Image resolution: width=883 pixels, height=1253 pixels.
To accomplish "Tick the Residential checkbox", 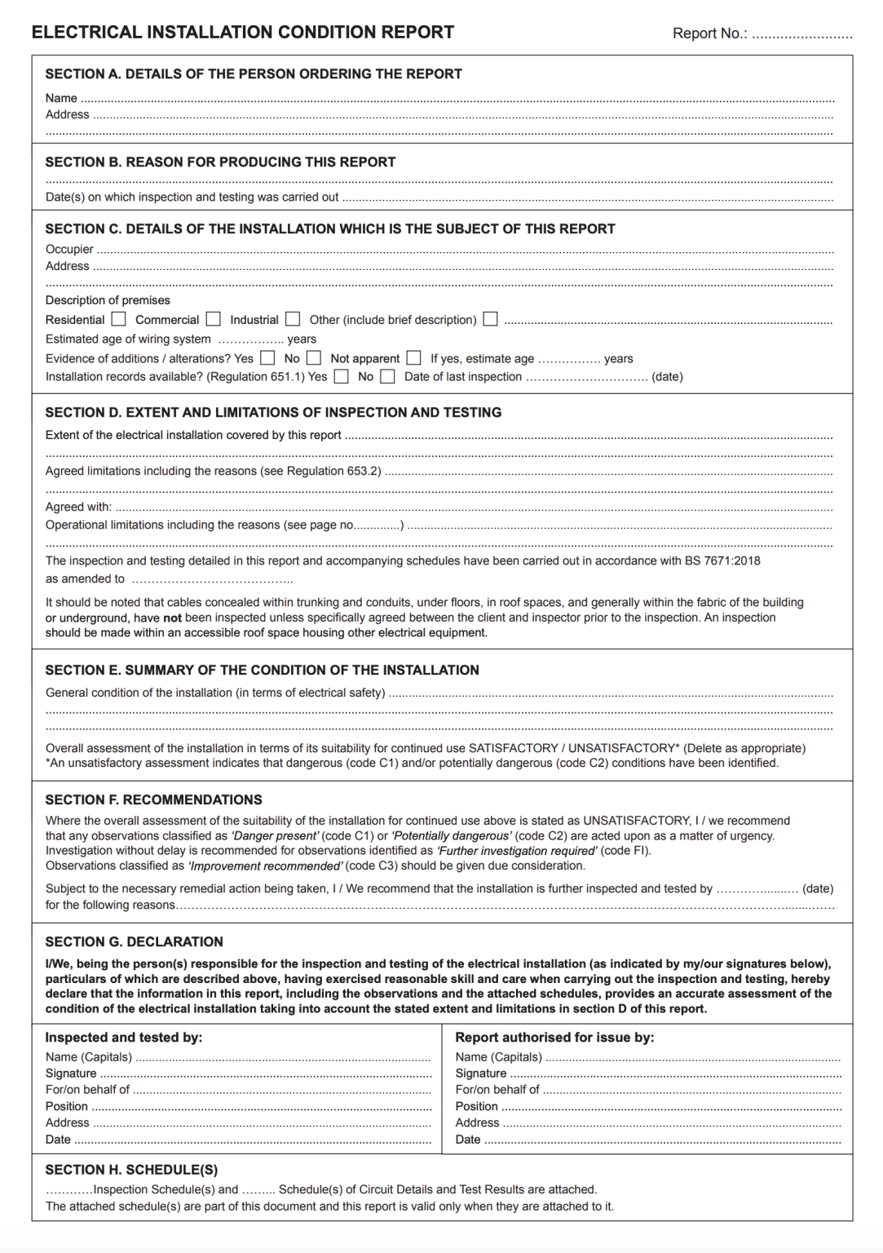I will pyautogui.click(x=119, y=319).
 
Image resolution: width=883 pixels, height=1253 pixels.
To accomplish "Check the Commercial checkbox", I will pyautogui.click(x=214, y=319).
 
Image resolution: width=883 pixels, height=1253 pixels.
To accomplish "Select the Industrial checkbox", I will pyautogui.click(x=293, y=319).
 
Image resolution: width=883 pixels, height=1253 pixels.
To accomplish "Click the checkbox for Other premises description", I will pyautogui.click(x=490, y=319).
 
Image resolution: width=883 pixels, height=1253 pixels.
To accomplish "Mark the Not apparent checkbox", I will pyautogui.click(x=414, y=358).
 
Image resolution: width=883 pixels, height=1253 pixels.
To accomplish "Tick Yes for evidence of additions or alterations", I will pyautogui.click(x=267, y=358).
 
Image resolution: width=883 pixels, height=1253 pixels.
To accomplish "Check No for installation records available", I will pyautogui.click(x=388, y=377).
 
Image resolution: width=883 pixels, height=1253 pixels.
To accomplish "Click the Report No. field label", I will pyautogui.click(x=709, y=33).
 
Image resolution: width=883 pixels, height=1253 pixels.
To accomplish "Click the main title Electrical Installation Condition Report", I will pyautogui.click(x=243, y=33).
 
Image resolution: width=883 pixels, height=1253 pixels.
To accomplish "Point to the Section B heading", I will pyautogui.click(x=220, y=162).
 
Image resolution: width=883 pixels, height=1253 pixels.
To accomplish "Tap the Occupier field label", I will pyautogui.click(x=69, y=250).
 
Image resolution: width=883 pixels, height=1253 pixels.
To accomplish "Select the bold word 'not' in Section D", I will pyautogui.click(x=172, y=618).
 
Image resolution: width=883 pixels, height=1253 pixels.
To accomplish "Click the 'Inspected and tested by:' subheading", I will pyautogui.click(x=124, y=1038).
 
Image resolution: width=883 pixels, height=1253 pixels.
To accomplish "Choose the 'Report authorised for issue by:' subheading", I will pyautogui.click(x=554, y=1038).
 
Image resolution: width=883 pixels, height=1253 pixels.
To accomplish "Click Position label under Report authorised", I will pyautogui.click(x=476, y=1107).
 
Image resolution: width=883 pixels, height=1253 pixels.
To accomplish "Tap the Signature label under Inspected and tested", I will pyautogui.click(x=71, y=1074).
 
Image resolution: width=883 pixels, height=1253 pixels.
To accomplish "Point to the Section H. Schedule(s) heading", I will pyautogui.click(x=131, y=1170).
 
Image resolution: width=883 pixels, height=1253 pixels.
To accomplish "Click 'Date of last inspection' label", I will pyautogui.click(x=463, y=377).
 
